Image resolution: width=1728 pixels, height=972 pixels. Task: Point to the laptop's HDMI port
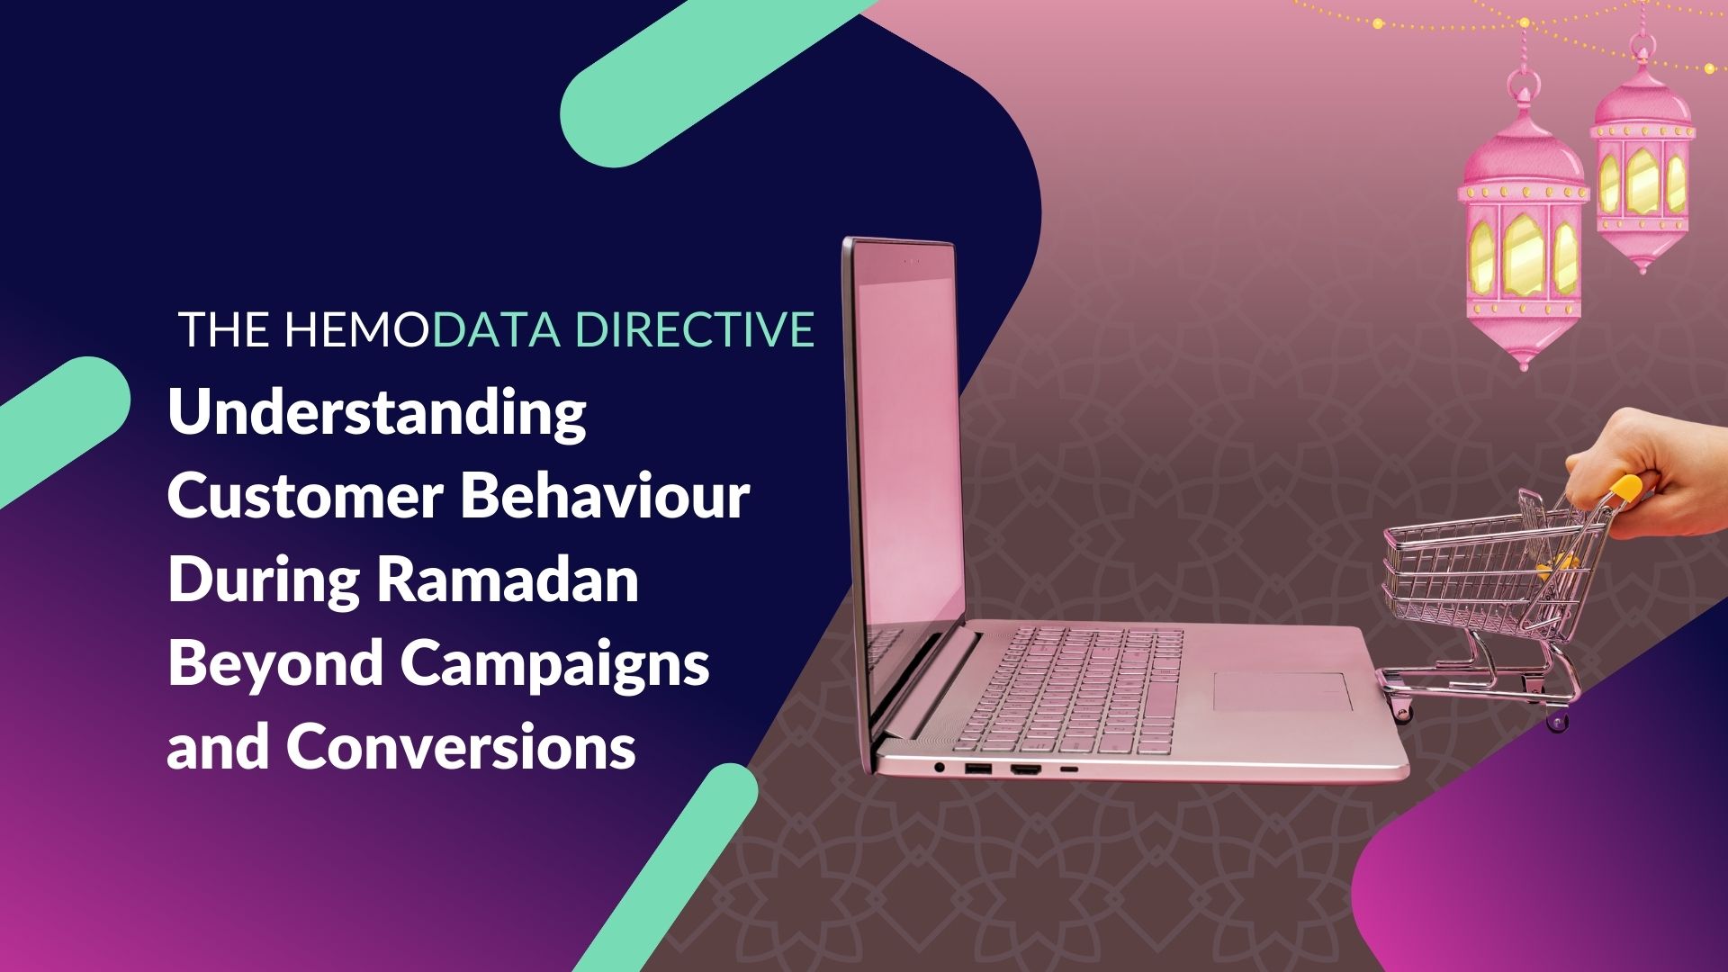pos(1025,770)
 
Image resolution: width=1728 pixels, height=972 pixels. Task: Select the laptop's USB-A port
pos(977,769)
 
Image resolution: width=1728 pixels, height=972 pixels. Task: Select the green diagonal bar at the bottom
pos(666,868)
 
